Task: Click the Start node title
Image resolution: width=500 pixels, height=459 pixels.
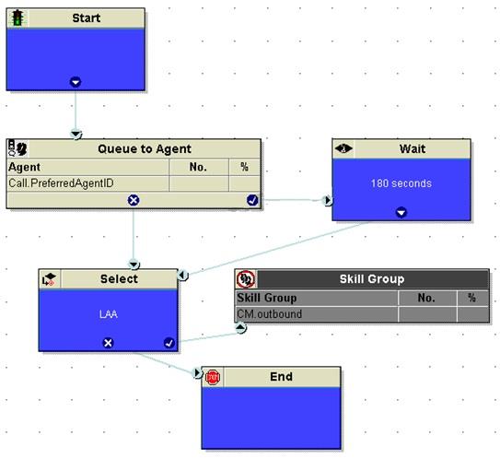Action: [x=87, y=18]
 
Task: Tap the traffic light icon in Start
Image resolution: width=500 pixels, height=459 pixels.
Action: [x=17, y=18]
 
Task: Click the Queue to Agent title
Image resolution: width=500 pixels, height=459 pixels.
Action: [x=145, y=148]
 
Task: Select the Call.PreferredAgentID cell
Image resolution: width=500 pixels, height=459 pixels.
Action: [x=61, y=183]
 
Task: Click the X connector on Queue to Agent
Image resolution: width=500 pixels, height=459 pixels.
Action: [x=134, y=200]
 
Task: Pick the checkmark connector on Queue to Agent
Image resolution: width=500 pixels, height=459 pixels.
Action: [x=252, y=200]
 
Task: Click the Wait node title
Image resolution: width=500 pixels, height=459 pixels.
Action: [x=413, y=148]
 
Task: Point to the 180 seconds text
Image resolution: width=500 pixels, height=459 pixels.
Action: [x=401, y=183]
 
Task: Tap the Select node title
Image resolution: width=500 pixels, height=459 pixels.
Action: [x=119, y=278]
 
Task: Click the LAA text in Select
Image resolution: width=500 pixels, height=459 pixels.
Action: [x=109, y=314]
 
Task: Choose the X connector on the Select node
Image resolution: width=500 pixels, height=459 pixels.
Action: [x=108, y=343]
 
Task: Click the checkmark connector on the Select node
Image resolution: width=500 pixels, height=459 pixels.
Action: [x=169, y=343]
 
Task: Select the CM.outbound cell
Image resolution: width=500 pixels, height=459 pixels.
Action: [x=270, y=314]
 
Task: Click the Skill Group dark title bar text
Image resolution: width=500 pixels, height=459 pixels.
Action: [x=372, y=279]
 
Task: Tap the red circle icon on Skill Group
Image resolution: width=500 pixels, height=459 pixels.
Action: [x=246, y=279]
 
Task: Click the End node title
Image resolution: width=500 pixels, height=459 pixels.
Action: [x=281, y=377]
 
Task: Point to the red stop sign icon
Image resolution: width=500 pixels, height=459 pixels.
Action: [x=213, y=377]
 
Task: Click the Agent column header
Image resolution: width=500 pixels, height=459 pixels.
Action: [x=24, y=167]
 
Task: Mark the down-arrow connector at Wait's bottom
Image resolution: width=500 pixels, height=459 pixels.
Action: [x=401, y=212]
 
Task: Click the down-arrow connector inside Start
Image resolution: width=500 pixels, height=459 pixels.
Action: [x=76, y=82]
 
